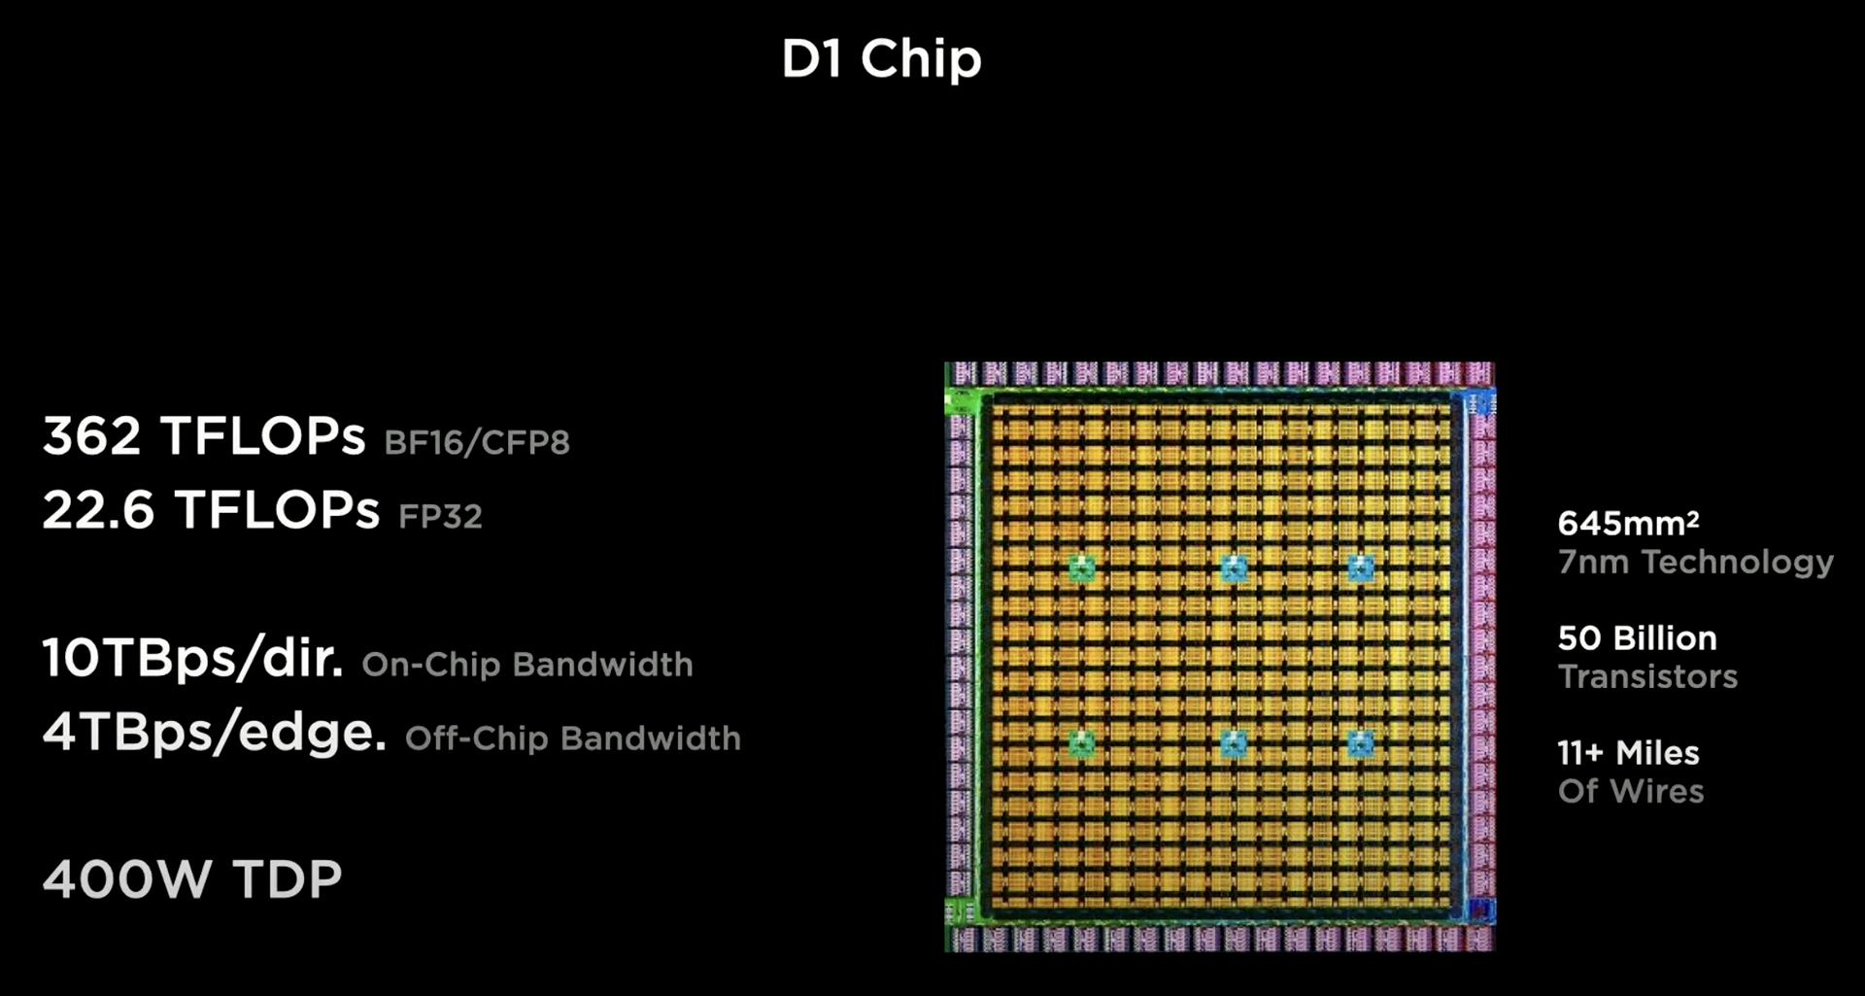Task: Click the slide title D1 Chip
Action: point(881,59)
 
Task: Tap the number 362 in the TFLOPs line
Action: point(91,435)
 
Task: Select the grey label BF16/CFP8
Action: point(477,442)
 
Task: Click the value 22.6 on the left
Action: point(98,509)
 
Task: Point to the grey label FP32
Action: point(440,516)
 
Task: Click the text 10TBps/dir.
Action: point(192,658)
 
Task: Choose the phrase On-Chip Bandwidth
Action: point(527,665)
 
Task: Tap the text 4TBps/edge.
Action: point(214,732)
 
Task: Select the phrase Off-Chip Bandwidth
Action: point(573,738)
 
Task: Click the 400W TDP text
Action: point(192,879)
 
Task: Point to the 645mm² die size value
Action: point(1629,523)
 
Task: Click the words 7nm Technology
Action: point(1696,562)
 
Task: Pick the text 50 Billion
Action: point(1638,638)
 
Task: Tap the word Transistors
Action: point(1648,676)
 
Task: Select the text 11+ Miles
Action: point(1629,753)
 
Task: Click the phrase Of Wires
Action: point(1631,791)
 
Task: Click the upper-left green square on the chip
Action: point(1082,567)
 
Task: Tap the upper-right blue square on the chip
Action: point(1361,567)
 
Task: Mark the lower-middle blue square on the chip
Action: point(1234,744)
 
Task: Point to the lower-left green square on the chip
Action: point(1082,744)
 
